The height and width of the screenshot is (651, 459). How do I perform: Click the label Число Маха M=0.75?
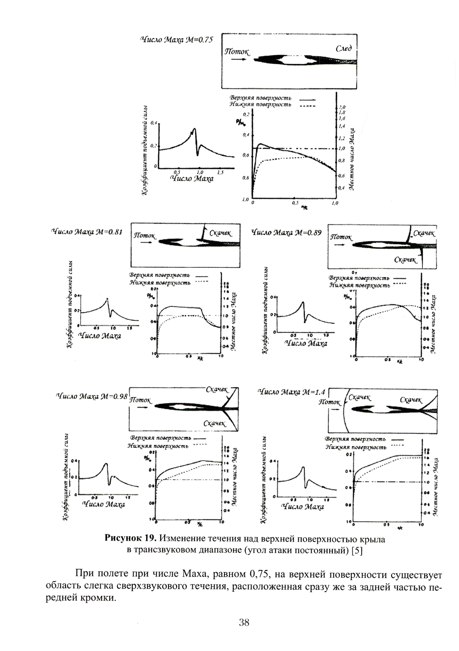[176, 40]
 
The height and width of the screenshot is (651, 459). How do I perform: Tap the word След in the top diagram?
[344, 49]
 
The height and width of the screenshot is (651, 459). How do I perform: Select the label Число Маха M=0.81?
[87, 232]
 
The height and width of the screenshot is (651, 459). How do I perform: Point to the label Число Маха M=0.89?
[286, 232]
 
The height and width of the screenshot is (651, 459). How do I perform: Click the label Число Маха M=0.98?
[91, 396]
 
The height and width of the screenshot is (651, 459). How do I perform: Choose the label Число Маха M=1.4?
[291, 392]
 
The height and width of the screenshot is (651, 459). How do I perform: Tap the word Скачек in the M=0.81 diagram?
[221, 233]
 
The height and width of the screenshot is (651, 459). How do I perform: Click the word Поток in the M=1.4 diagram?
[330, 402]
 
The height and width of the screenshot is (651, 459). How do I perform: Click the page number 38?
[244, 623]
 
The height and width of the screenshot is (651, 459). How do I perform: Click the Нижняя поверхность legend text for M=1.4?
[356, 447]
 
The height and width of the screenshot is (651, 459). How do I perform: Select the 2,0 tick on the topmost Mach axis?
[341, 107]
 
